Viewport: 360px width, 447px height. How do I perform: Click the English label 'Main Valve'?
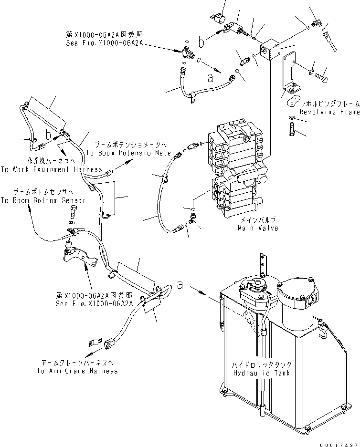click(258, 229)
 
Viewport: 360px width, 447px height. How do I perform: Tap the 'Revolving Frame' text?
click(329, 112)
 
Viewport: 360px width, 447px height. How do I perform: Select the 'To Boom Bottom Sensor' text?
click(43, 200)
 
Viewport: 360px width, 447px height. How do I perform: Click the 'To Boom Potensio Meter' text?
click(125, 153)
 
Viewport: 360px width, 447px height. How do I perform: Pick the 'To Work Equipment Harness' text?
click(51, 169)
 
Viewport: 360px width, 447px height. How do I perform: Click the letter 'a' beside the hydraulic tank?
click(180, 285)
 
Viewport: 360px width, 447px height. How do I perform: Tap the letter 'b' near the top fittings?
click(202, 43)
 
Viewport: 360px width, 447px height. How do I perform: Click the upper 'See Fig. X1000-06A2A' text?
click(105, 42)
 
